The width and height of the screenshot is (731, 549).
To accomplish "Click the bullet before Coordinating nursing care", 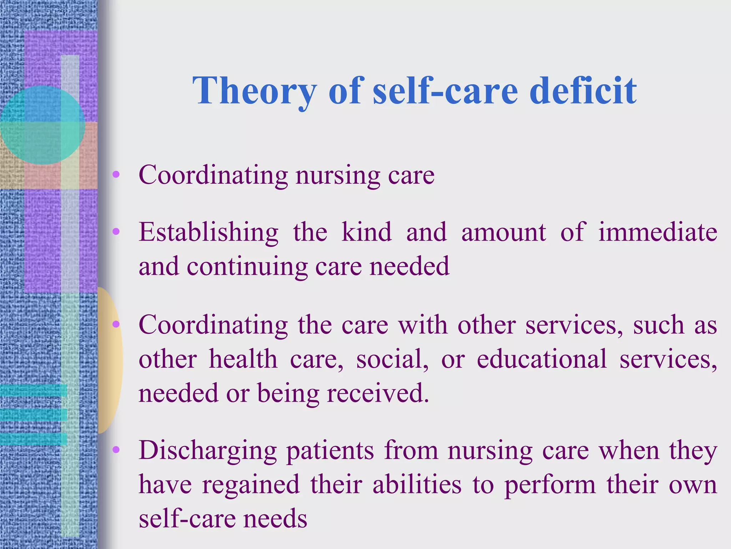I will tap(116, 175).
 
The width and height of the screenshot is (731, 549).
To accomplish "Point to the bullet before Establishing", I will tap(116, 232).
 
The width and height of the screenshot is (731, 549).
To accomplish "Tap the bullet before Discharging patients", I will tap(116, 450).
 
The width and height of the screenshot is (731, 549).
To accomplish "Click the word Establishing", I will tap(208, 233).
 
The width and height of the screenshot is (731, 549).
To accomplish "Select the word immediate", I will tap(657, 232).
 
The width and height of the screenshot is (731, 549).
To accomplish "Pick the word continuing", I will tap(247, 267).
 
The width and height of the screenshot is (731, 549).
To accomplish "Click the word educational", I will tap(541, 359).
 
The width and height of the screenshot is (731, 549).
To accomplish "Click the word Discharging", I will tap(207, 451).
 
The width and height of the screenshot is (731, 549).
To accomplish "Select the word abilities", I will tap(417, 485).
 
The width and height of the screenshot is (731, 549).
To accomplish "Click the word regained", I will tap(251, 485).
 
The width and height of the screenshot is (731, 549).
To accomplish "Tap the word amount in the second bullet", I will tap(503, 232).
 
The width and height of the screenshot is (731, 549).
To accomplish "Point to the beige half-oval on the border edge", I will tap(110, 360).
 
